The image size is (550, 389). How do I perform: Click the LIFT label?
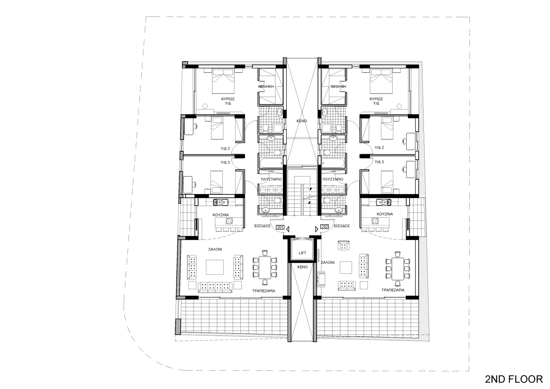302,253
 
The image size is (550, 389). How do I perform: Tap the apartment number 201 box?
280,227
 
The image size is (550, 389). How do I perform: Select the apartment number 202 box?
324,227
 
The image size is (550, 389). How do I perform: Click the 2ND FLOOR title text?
514,379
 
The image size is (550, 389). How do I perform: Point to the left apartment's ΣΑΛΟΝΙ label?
215,249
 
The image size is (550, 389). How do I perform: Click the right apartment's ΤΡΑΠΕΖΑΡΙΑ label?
393,290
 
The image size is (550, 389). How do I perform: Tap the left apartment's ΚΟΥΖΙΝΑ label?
220,215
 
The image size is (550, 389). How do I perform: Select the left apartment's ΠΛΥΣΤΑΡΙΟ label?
271,179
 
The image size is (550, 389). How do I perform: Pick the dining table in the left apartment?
265,267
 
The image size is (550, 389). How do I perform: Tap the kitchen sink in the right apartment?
384,202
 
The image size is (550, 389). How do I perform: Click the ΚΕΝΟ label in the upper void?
302,121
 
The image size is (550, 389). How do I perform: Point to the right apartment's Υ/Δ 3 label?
379,162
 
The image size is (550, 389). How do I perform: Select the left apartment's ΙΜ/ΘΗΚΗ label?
266,86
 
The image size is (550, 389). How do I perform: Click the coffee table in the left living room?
214,267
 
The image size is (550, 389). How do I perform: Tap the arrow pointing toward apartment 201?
288,229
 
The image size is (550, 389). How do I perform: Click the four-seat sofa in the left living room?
215,287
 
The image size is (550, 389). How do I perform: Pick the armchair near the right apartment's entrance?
343,246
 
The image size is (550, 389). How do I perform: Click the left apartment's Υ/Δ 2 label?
225,149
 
